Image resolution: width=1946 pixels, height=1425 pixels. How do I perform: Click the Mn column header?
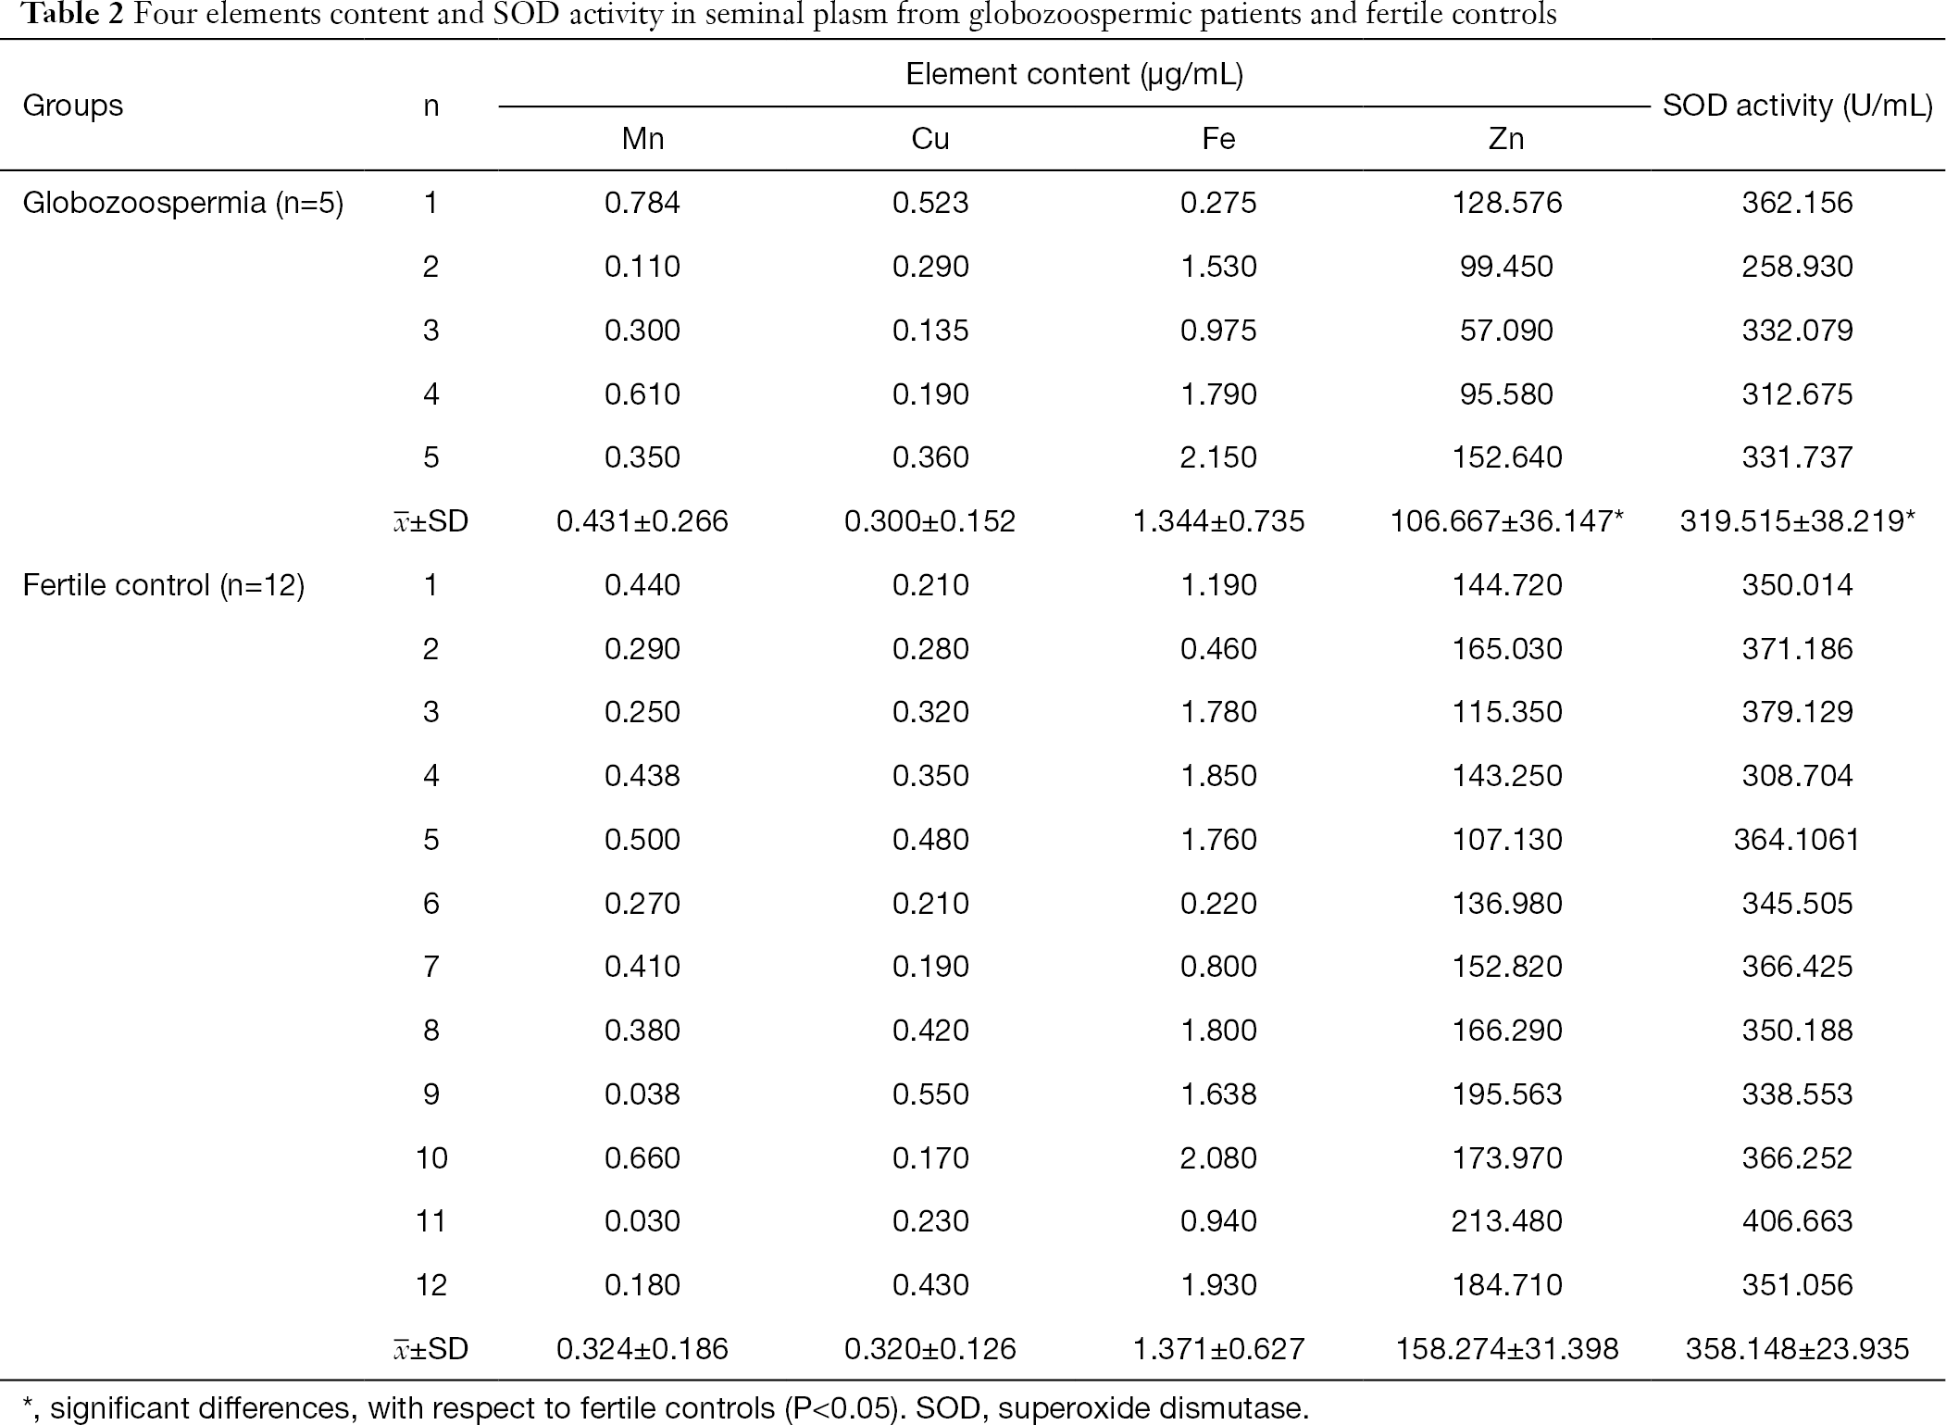click(x=642, y=139)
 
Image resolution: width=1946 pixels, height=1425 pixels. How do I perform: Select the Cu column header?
click(x=930, y=139)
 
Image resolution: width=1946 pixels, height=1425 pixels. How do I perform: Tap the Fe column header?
click(x=1218, y=139)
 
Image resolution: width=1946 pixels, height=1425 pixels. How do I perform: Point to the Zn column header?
click(x=1506, y=139)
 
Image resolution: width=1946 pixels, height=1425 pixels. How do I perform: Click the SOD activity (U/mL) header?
click(x=1797, y=106)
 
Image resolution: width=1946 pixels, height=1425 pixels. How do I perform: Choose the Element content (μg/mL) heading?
click(x=1074, y=74)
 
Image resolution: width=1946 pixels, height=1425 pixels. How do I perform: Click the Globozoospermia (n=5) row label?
click(x=183, y=203)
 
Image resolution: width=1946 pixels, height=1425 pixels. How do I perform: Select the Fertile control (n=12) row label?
click(x=164, y=585)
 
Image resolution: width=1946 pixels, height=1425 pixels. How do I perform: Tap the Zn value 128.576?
click(x=1507, y=203)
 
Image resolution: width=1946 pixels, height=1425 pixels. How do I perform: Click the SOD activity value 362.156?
click(x=1797, y=203)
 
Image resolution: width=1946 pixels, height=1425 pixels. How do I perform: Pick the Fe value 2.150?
click(x=1218, y=457)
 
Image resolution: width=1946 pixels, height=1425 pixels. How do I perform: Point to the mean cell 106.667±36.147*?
click(x=1507, y=521)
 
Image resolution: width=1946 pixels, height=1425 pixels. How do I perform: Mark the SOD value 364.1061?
click(x=1797, y=840)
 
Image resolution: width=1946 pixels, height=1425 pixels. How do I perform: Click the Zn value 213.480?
click(x=1507, y=1221)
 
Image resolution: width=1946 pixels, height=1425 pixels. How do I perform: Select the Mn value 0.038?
click(x=642, y=1094)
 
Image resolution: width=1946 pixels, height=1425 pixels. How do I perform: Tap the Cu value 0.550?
click(x=930, y=1094)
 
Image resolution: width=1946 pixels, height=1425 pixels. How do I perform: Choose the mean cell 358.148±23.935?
click(x=1797, y=1349)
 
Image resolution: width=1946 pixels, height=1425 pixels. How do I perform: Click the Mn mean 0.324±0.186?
click(x=642, y=1349)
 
